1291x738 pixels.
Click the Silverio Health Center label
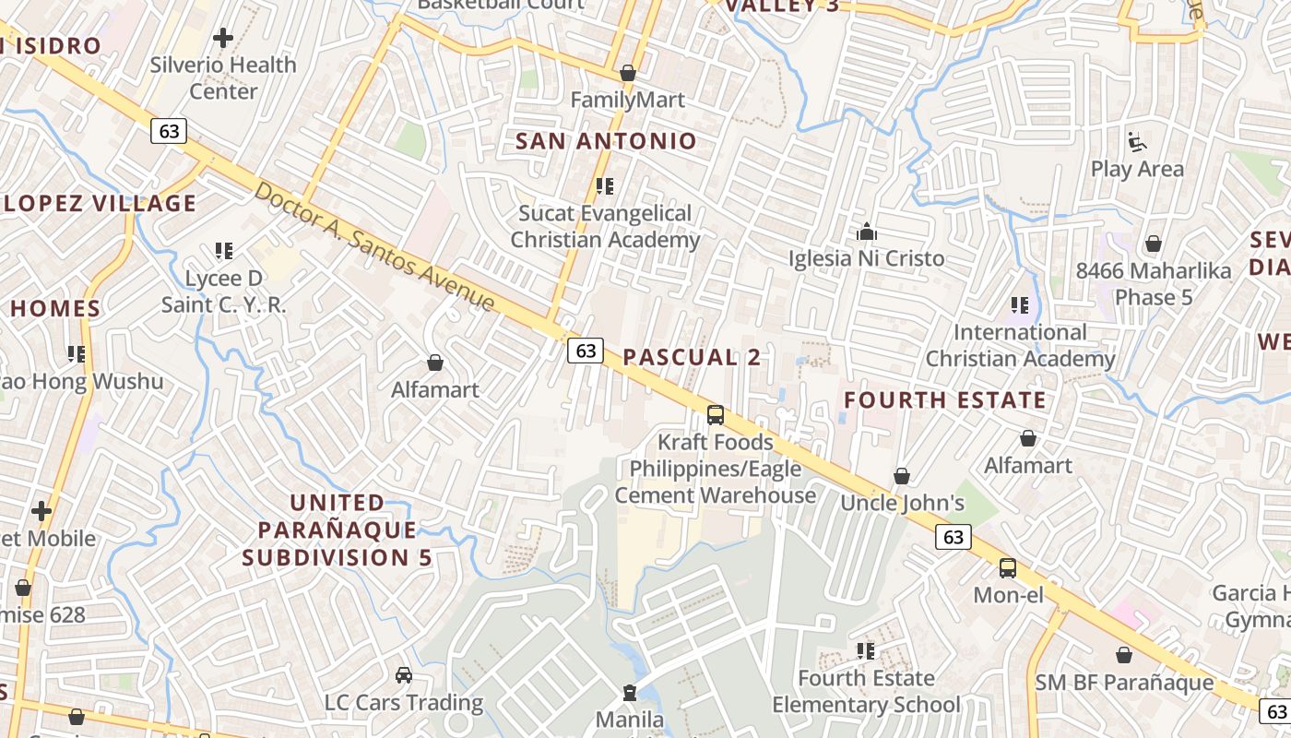223,78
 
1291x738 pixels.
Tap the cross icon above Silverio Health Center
222,38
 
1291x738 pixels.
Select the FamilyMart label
628,100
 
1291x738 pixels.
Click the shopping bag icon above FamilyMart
628,72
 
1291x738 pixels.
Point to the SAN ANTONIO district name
606,141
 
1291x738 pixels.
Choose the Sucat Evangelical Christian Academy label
605,227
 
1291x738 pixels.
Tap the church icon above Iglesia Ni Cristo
867,231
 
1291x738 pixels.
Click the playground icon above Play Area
1137,142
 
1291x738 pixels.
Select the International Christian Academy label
1020,345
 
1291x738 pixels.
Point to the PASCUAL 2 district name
692,357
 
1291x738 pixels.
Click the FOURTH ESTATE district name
945,399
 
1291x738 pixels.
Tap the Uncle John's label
902,503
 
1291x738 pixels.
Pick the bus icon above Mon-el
1008,568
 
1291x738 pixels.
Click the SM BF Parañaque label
1124,683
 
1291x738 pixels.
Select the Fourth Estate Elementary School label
866,692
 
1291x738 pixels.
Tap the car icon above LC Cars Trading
403,675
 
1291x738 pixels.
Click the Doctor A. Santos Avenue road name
374,247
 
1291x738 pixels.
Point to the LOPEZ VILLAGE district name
99,204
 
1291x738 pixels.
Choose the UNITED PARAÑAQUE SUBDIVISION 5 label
337,530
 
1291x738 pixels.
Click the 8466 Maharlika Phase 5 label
1154,284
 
